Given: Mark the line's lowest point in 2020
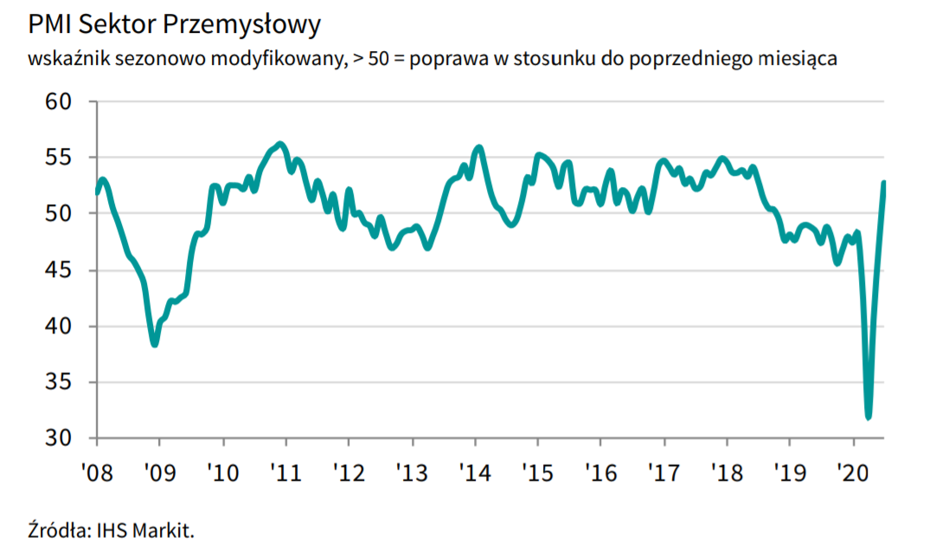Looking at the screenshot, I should pos(869,416).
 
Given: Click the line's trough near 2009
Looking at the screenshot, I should pos(155,344).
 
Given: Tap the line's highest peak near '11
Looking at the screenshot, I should pos(279,144).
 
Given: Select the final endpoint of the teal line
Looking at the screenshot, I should pos(884,182).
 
